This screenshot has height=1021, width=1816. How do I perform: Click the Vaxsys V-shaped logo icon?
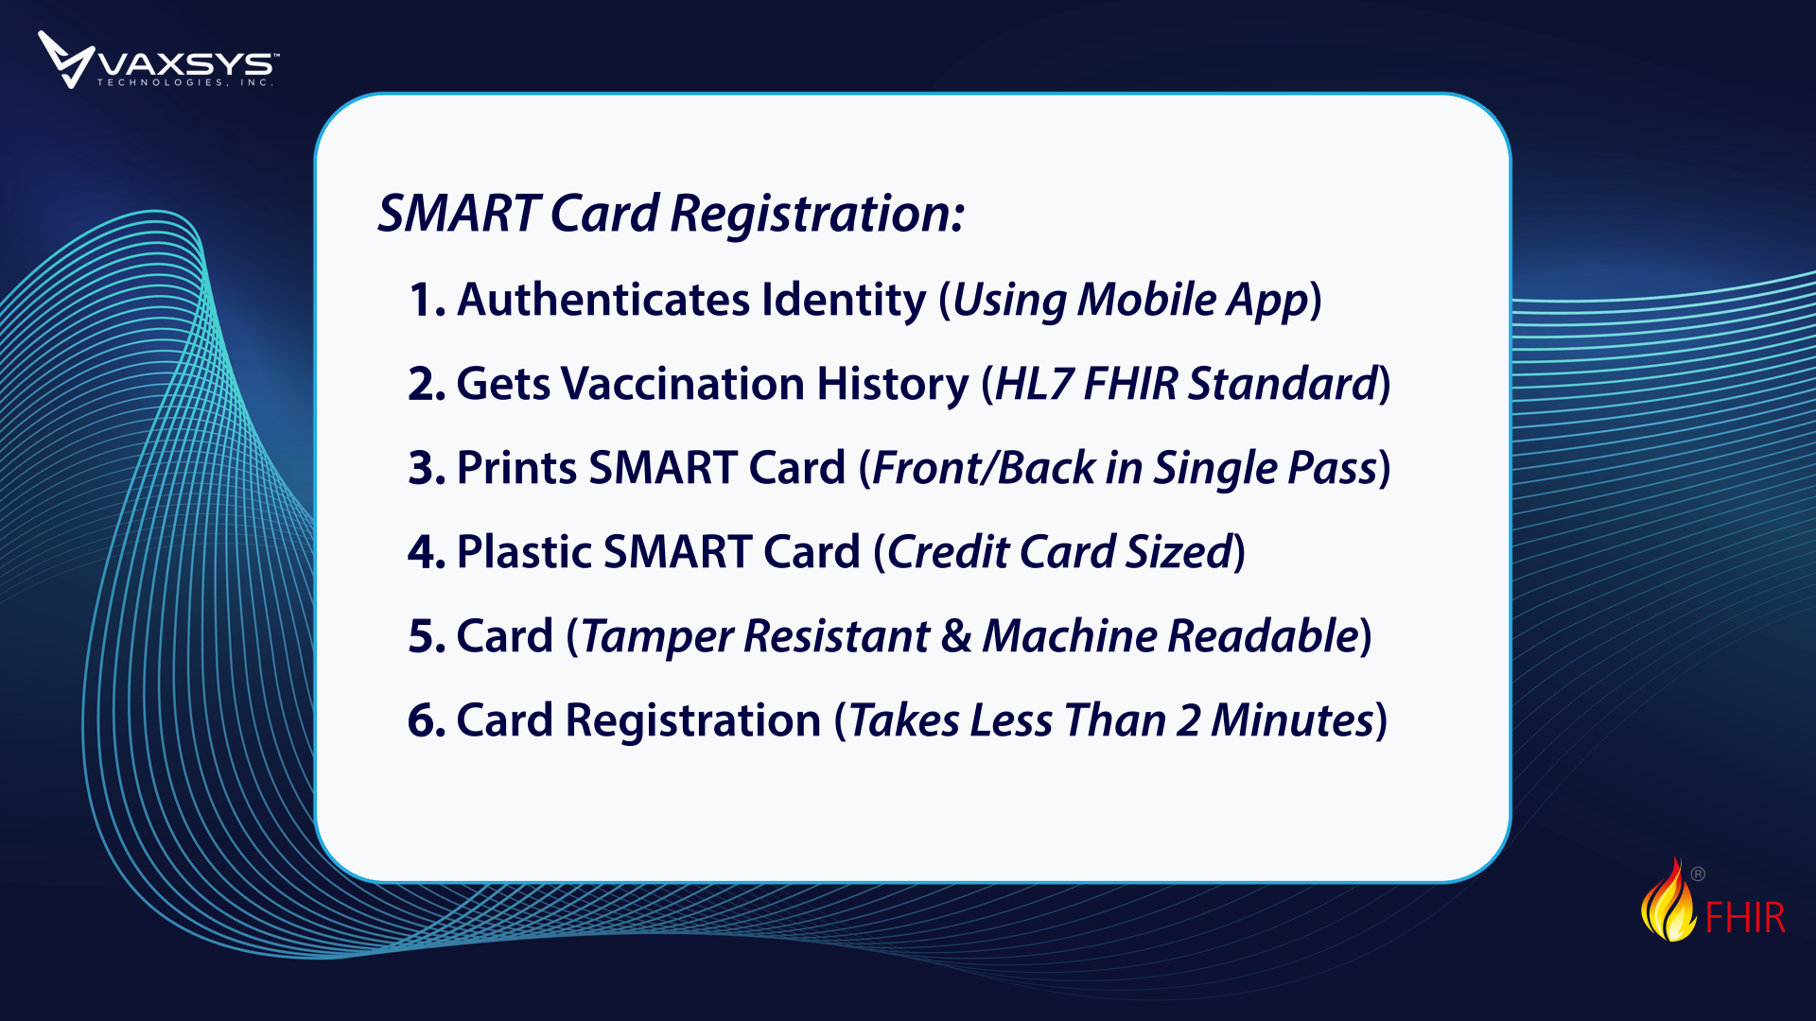65,59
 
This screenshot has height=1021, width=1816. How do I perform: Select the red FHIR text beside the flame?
1745,917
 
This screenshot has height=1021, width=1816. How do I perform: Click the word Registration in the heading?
817,215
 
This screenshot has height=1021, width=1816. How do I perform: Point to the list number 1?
427,300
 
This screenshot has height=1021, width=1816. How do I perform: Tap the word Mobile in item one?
1146,300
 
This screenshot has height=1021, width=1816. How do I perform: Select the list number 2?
427,384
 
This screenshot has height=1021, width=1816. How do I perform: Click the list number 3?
427,468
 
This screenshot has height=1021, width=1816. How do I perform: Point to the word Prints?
516,468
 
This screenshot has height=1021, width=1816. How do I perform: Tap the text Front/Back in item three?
984,468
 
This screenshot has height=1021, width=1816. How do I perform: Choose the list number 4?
427,552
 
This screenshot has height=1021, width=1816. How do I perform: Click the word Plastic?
524,552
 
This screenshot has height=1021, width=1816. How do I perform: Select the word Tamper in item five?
656,636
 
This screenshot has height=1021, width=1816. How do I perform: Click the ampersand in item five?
956,636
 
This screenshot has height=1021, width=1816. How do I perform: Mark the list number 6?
427,720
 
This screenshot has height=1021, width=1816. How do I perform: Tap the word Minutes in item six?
1292,720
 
